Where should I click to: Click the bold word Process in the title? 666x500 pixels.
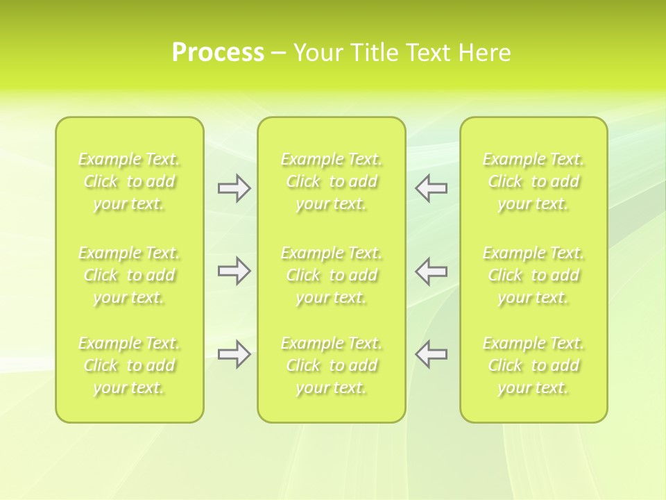coord(218,53)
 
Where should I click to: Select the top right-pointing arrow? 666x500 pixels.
coord(234,188)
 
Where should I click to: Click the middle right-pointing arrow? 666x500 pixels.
coord(234,271)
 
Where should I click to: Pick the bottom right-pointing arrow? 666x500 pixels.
coord(234,354)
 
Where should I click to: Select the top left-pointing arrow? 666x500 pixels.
coord(431,188)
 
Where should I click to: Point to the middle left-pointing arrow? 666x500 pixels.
coord(431,271)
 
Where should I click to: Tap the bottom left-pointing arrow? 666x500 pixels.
coord(431,354)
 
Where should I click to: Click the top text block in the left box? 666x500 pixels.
coord(129,182)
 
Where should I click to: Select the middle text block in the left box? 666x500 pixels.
coord(129,275)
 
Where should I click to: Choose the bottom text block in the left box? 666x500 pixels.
coord(129,365)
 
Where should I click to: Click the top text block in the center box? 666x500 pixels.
coord(332,182)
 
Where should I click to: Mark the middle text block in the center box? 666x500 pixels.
coord(332,275)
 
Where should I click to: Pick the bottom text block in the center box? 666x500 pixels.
coord(332,365)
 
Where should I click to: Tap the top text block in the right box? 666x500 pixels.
coord(533,182)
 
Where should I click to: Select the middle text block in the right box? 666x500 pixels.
coord(533,275)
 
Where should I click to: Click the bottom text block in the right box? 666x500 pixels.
coord(533,365)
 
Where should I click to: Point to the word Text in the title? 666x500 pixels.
coord(430,53)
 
